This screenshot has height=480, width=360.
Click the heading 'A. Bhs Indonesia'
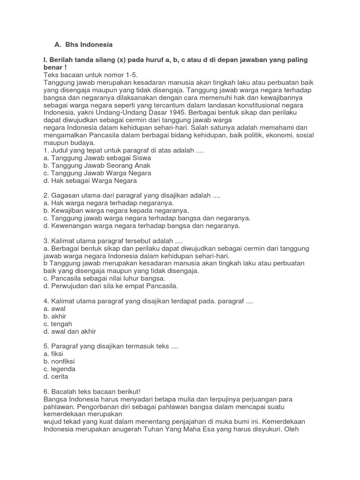point(83,45)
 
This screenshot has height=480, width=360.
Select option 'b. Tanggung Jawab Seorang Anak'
point(97,165)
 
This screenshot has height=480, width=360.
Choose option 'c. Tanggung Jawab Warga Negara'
point(97,173)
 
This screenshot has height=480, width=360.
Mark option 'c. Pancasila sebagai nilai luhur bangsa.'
point(104,278)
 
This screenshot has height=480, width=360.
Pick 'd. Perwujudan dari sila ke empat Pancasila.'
point(111,285)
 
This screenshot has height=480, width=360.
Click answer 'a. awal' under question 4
point(54,309)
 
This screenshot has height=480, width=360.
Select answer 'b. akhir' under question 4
point(55,316)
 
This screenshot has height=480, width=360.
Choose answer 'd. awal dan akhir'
point(69,331)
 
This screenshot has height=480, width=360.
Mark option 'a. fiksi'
point(53,354)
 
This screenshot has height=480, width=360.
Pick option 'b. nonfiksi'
point(59,361)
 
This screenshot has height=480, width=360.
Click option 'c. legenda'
point(59,369)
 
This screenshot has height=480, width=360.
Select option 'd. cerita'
point(56,376)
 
